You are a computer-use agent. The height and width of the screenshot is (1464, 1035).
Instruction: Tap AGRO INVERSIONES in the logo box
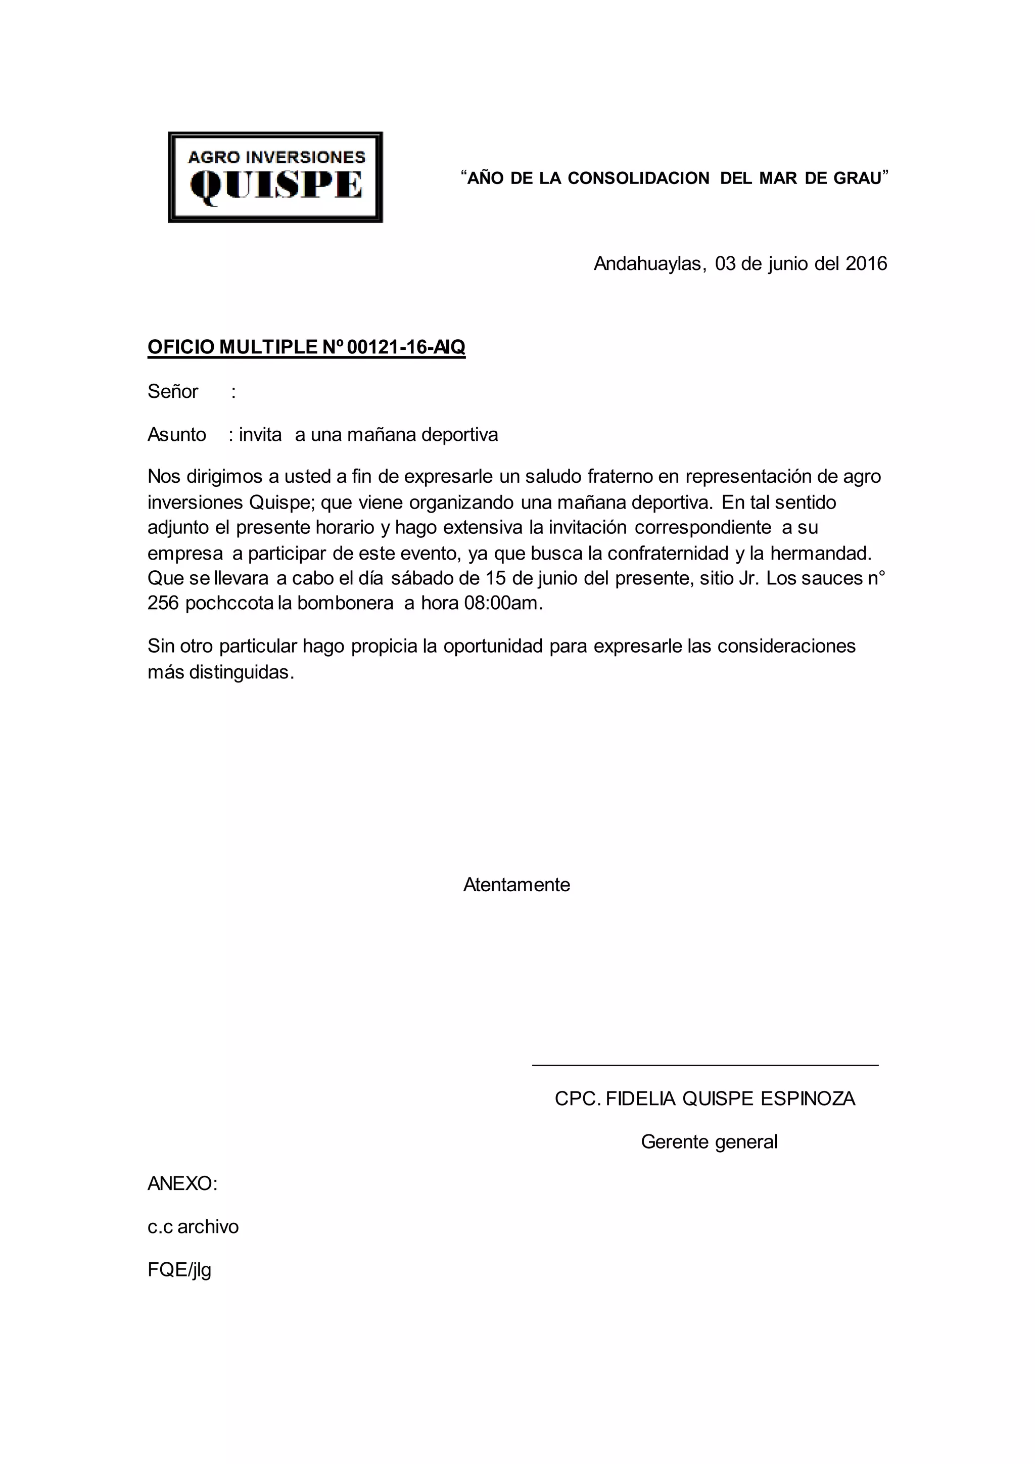276,157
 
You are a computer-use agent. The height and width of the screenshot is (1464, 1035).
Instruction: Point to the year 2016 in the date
866,264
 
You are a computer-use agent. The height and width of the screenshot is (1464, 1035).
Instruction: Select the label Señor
173,391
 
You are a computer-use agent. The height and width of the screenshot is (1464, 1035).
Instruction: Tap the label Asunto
176,435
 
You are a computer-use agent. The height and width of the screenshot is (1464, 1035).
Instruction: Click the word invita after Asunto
260,435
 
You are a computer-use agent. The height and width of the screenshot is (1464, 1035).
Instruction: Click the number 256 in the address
163,603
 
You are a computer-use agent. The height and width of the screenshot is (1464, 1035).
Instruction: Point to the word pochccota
229,603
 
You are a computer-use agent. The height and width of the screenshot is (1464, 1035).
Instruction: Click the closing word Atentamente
516,885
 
